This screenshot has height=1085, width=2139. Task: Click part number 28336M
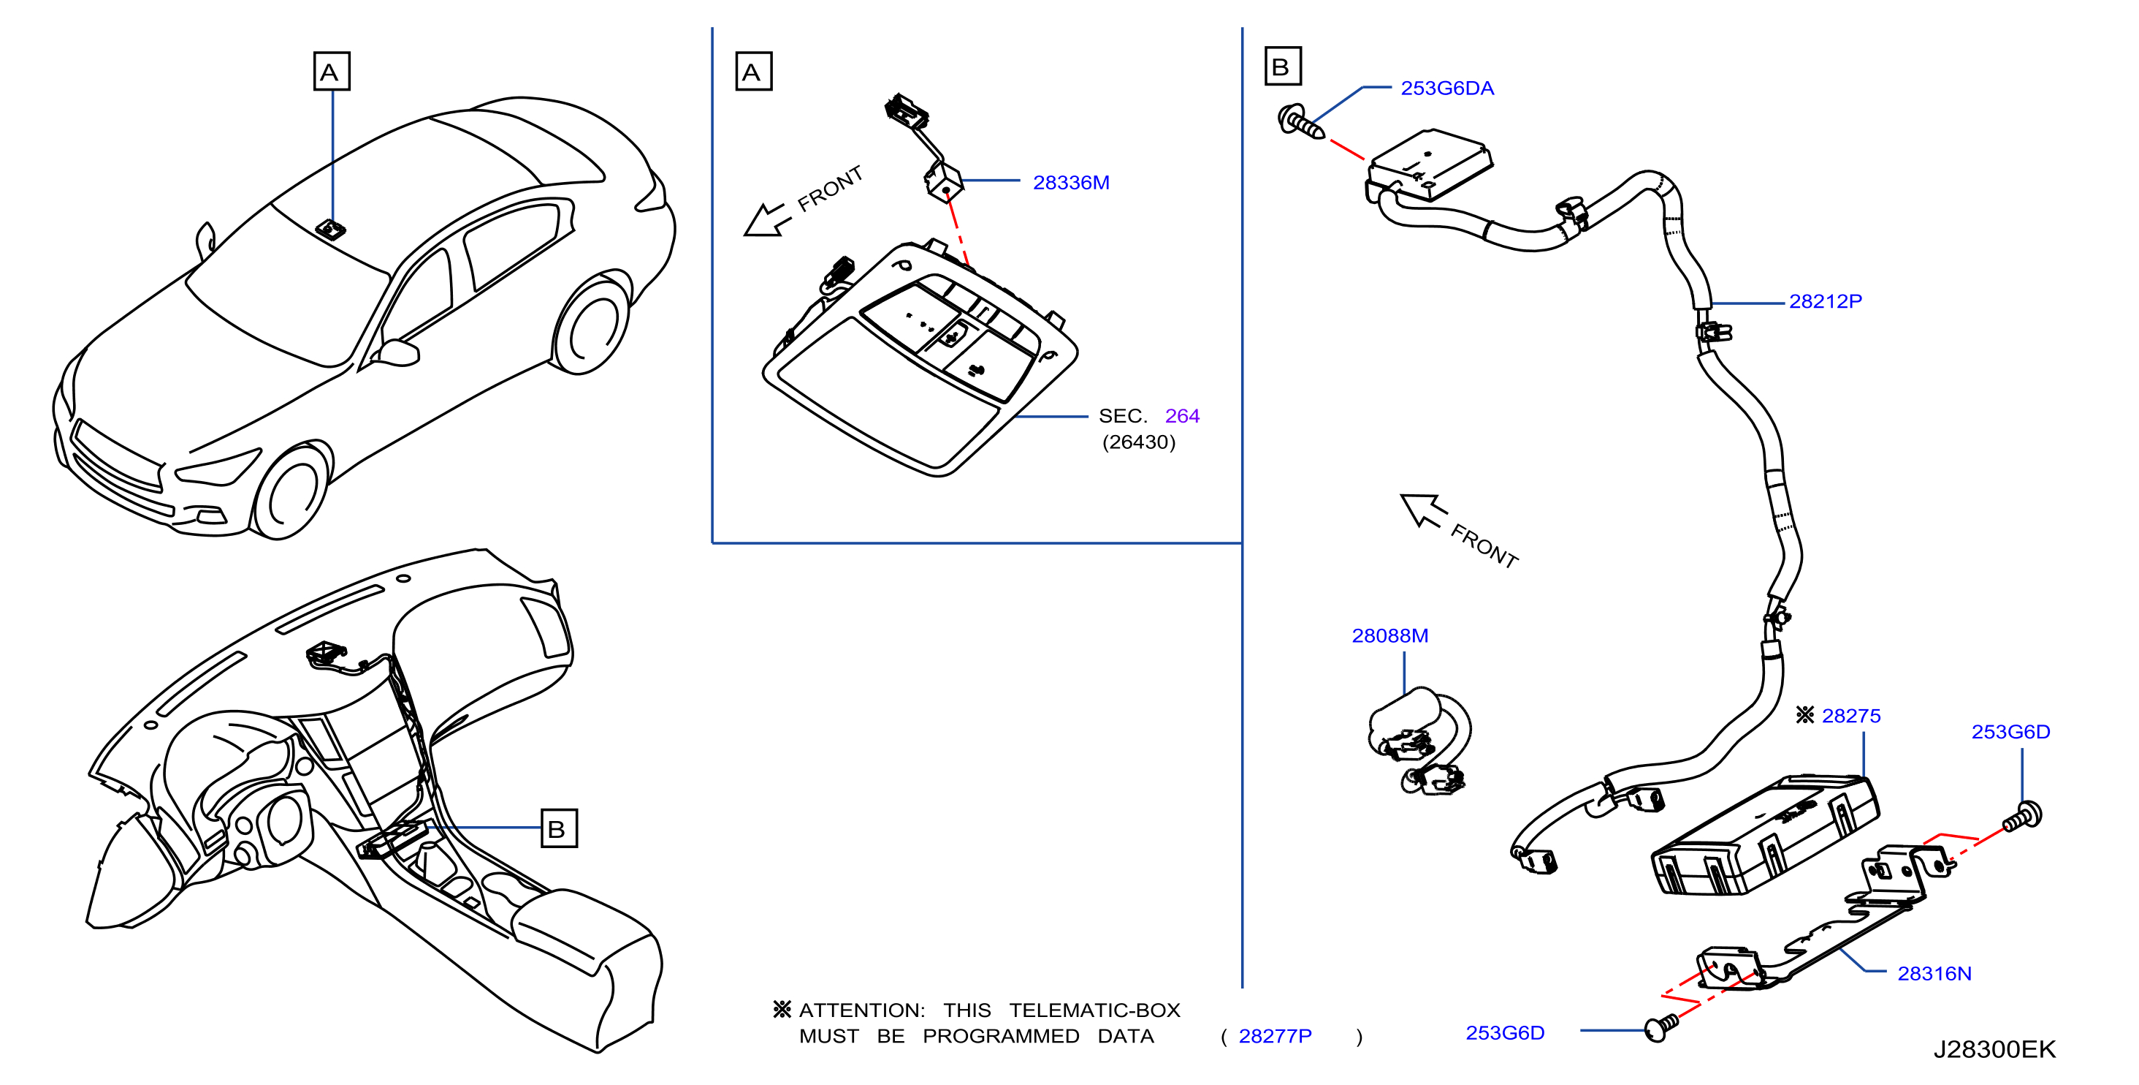point(1070,183)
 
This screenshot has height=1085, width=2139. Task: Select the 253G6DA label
point(1446,88)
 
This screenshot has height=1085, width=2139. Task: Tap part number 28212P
point(1824,301)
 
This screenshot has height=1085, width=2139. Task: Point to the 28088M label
point(1389,635)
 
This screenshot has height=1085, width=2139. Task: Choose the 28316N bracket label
point(1934,973)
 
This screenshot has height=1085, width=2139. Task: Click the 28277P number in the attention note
point(1275,1036)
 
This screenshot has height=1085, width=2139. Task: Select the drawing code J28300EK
point(1994,1049)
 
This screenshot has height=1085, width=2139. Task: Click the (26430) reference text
point(1138,442)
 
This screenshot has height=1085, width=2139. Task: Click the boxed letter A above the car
point(332,71)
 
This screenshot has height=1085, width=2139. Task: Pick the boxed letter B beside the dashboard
point(559,828)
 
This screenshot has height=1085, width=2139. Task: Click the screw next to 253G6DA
point(1300,122)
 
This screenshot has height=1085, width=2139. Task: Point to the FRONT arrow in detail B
point(1423,510)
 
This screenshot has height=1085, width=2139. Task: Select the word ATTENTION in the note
point(861,1010)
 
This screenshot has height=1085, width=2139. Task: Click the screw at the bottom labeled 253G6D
point(1660,1027)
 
